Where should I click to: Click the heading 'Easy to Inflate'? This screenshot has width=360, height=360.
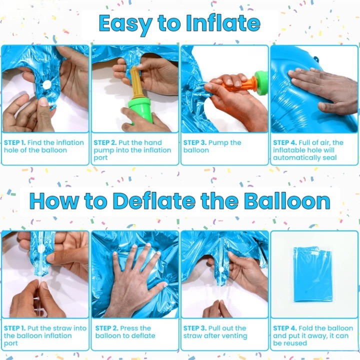point(179,23)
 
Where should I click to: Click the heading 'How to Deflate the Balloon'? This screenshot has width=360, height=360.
point(179,201)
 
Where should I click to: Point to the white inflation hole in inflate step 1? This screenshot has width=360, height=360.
point(46,84)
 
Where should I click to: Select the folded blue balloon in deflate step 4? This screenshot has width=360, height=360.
point(313,274)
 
